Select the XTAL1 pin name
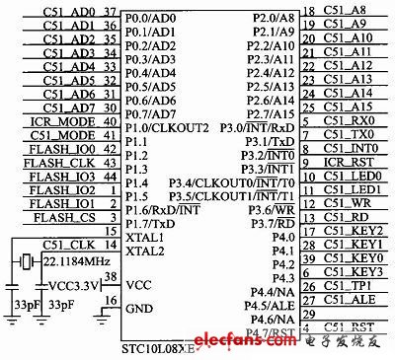[x=146, y=239]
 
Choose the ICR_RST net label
[x=348, y=162]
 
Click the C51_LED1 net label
[x=352, y=188]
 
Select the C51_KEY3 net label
[x=352, y=271]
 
